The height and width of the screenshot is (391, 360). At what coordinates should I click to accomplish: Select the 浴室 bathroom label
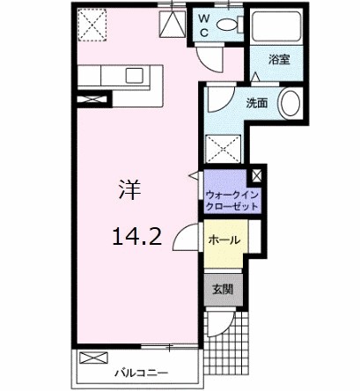(281, 61)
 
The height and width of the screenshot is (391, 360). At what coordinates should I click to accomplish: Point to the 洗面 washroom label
(256, 102)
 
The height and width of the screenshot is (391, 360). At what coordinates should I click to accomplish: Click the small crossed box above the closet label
(256, 175)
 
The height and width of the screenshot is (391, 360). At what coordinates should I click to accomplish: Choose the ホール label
(224, 240)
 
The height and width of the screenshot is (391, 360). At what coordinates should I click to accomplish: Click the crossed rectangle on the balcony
(92, 358)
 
